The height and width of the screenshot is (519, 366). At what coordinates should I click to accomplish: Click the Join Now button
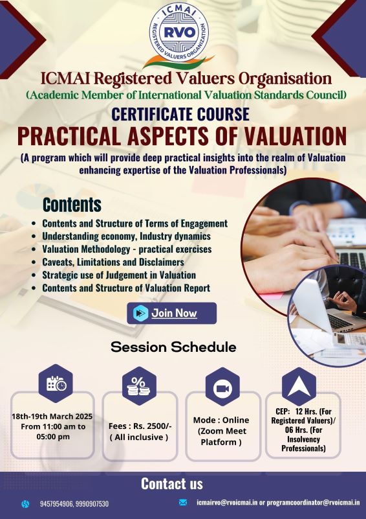coord(172,313)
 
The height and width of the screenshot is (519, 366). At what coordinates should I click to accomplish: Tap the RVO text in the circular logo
coord(179,32)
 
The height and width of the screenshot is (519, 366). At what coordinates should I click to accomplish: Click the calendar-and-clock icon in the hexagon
coord(56,384)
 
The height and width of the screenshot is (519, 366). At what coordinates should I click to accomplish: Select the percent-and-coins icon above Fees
coord(139,386)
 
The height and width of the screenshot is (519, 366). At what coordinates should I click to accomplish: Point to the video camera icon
coord(222,387)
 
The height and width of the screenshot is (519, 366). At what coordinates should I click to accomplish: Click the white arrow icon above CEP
coord(299,386)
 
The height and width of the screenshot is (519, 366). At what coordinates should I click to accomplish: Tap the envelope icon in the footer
coord(182,502)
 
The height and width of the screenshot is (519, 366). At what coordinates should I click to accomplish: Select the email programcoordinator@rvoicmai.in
coord(313,503)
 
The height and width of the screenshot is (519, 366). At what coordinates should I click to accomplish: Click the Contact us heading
coord(172,483)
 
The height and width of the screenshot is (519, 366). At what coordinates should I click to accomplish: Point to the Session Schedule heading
coord(173,347)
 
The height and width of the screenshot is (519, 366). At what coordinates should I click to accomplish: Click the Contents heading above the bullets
coord(72,205)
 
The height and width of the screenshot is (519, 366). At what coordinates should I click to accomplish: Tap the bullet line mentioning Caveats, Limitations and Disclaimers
coord(113,262)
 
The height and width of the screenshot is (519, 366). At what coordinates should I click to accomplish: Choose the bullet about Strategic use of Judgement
coord(119,275)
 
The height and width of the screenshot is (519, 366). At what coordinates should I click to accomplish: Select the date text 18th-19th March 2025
coord(52,416)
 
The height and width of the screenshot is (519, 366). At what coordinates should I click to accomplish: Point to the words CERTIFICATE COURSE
coord(180,114)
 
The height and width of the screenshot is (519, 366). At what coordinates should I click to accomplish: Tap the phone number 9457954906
coord(56,504)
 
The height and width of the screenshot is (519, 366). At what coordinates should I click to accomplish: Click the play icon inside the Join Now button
coord(141,313)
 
